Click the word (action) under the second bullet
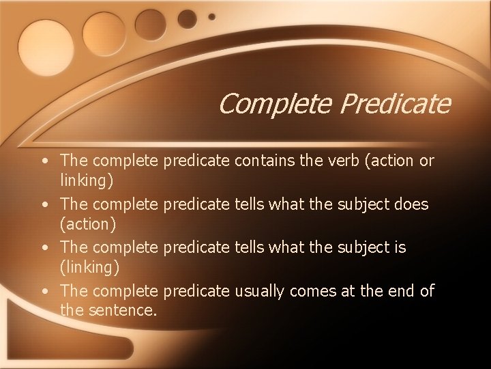[88, 223]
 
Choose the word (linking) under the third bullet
[88, 267]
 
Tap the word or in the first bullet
[426, 161]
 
